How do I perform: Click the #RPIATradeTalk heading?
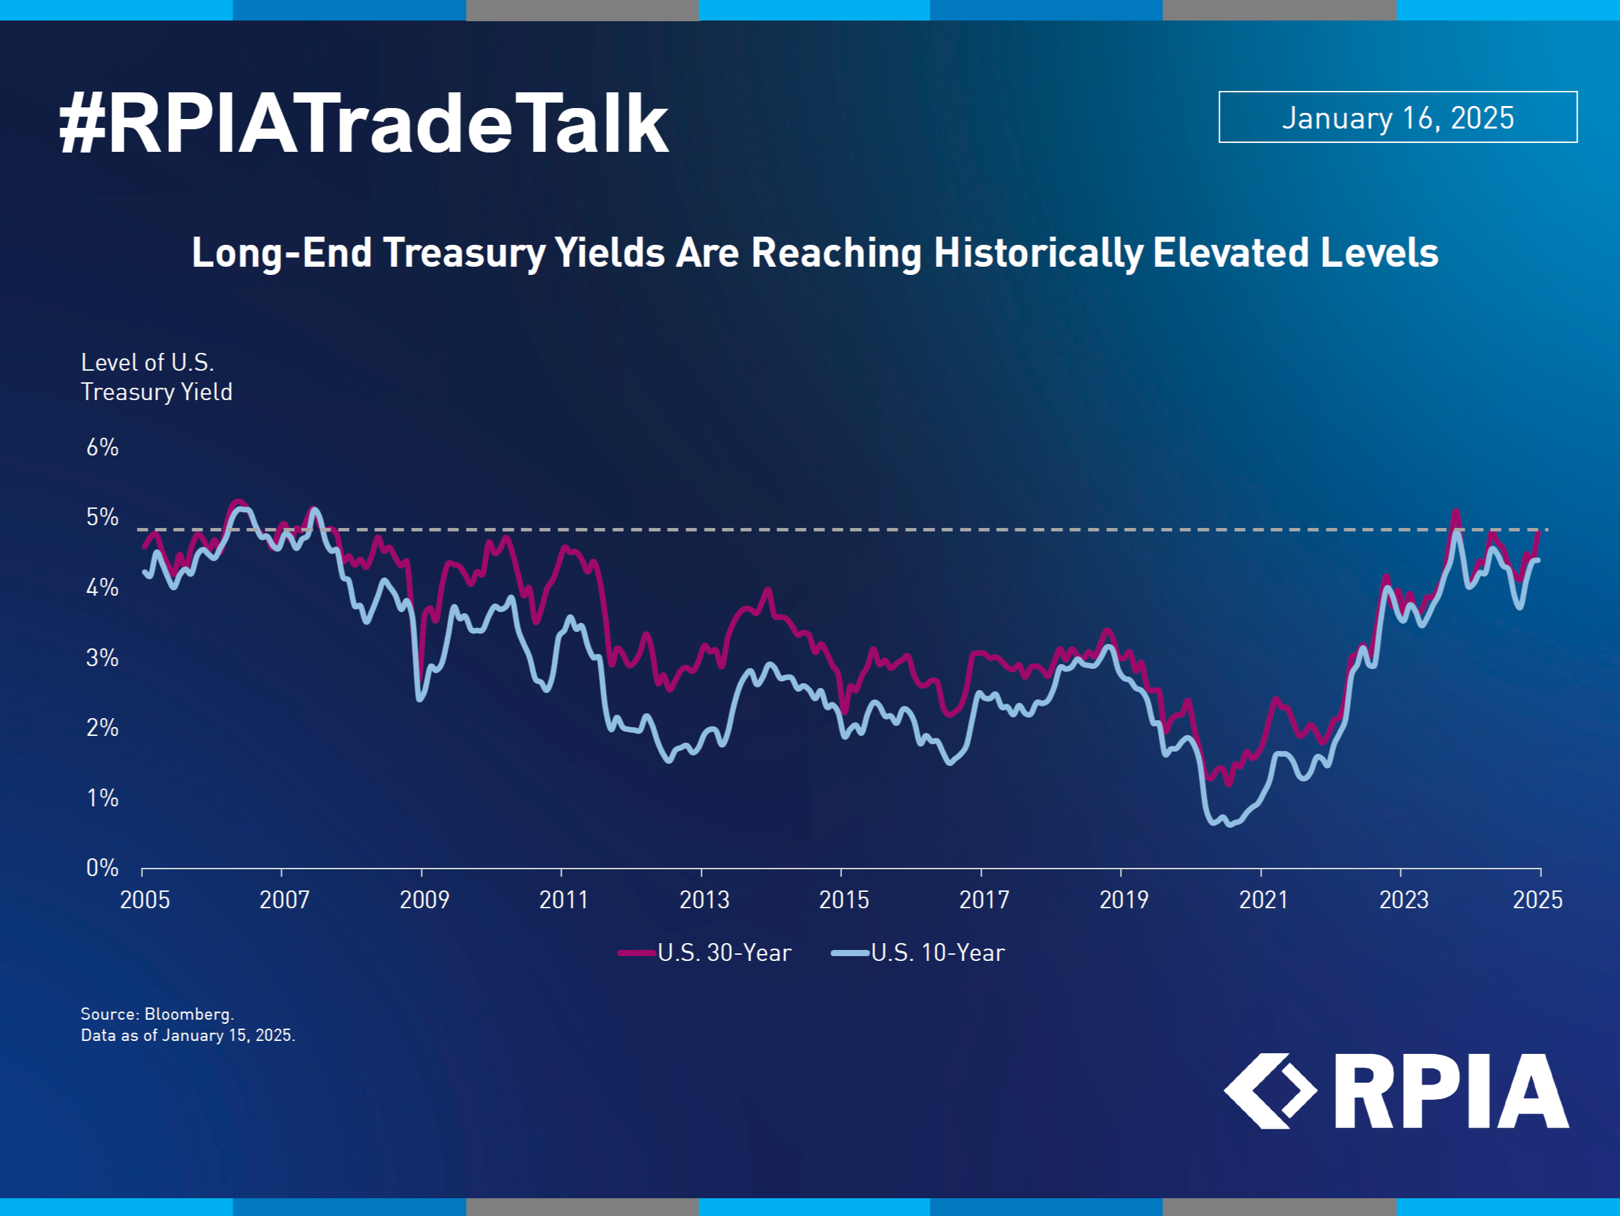coord(363,124)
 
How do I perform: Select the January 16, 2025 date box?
coord(1398,117)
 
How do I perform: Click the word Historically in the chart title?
coord(1038,252)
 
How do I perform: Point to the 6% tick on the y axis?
coord(103,447)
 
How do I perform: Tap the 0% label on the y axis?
coord(103,867)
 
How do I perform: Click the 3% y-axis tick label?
coord(103,657)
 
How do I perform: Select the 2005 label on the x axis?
coord(145,900)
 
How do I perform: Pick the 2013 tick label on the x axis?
coord(704,900)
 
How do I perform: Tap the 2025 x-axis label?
coord(1538,900)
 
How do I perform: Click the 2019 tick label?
coord(1124,900)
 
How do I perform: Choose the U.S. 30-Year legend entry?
coord(705,953)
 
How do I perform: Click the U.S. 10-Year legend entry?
coord(918,953)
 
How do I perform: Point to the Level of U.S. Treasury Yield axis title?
coord(157,377)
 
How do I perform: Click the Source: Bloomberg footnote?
coord(157,1014)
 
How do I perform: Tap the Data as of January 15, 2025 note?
coord(188,1035)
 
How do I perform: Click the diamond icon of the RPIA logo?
coord(1270,1091)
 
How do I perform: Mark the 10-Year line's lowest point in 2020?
coord(1229,824)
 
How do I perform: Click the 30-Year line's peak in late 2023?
coord(1455,512)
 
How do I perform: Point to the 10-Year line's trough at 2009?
coord(419,698)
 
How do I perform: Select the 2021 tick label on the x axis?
coord(1264,900)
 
